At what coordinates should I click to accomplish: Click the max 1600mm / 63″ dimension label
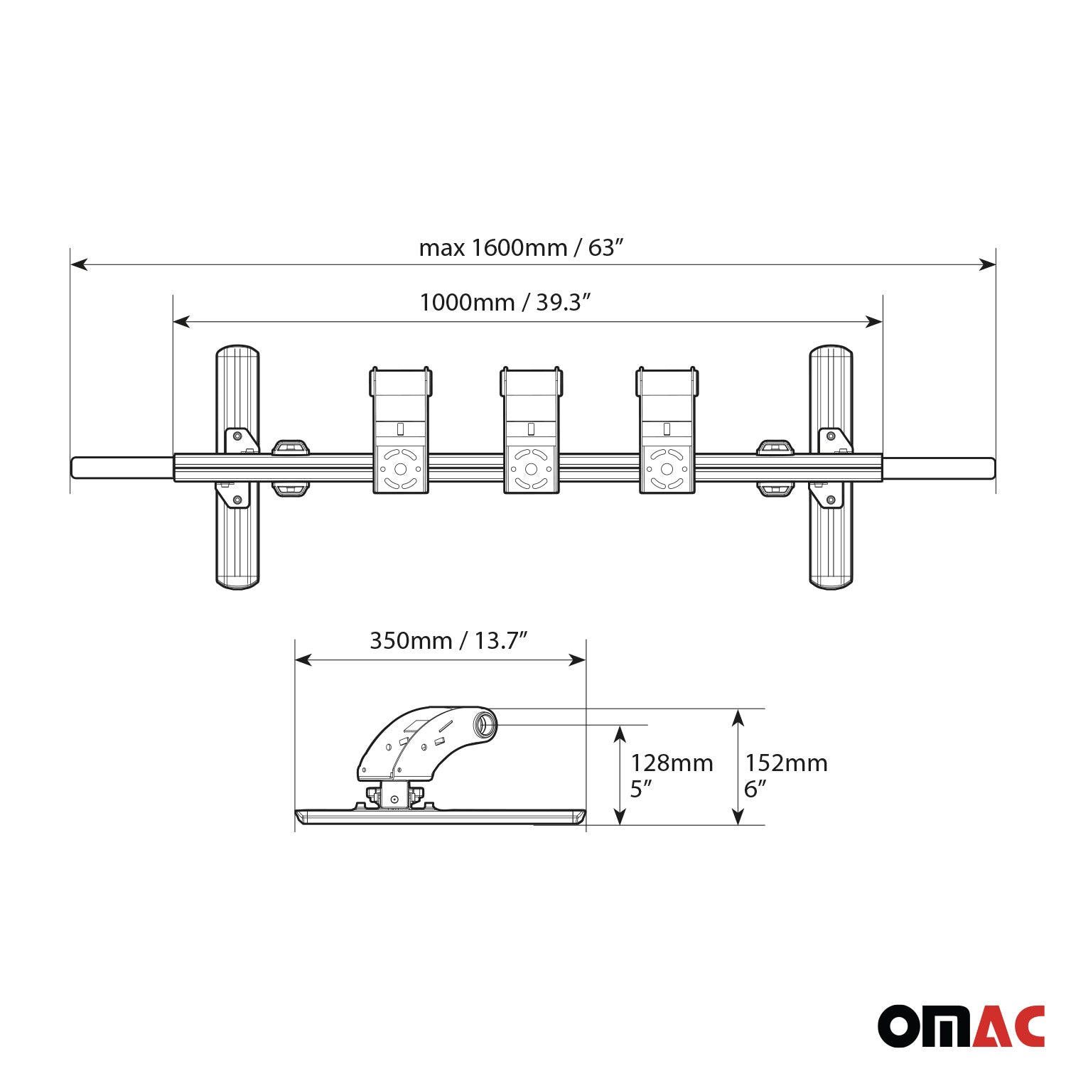point(521,248)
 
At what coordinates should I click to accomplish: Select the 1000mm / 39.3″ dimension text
point(505,303)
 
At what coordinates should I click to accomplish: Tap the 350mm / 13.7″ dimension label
point(448,641)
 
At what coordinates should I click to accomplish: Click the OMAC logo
point(961,1025)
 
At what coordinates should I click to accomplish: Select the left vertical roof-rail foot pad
point(237,467)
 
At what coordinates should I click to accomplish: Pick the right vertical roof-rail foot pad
point(831,467)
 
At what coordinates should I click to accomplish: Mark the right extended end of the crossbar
point(938,468)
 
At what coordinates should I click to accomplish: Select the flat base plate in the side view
point(441,817)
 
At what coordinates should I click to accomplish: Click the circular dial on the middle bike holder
point(531,469)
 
